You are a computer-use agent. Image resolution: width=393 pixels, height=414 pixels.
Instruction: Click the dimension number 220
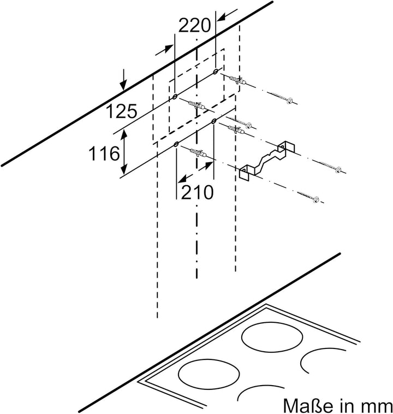click(x=195, y=26)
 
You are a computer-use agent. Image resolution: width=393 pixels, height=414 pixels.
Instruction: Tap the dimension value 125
click(x=122, y=111)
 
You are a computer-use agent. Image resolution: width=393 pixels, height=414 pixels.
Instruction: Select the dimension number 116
click(x=104, y=153)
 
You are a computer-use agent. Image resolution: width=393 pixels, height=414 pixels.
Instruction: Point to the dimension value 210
click(x=197, y=192)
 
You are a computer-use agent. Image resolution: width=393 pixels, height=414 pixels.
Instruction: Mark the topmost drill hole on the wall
click(x=216, y=71)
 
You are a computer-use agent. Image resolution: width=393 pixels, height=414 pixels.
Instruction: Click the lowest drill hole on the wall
click(x=176, y=144)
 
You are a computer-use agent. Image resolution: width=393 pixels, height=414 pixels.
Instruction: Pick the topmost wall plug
click(x=237, y=80)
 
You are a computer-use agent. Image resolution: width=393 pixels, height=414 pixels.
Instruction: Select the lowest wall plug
click(x=198, y=153)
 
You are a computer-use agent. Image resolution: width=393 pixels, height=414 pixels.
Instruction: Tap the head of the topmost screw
click(x=290, y=101)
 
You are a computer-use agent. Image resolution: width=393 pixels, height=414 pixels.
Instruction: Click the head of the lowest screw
click(x=315, y=199)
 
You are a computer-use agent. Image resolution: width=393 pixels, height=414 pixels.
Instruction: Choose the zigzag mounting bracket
click(x=267, y=161)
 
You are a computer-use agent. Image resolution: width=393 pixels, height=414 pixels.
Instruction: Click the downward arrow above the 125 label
click(x=123, y=80)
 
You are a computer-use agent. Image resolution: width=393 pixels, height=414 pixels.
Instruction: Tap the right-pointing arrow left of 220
click(x=165, y=50)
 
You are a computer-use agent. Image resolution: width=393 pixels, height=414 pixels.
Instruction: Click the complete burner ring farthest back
click(x=272, y=338)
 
